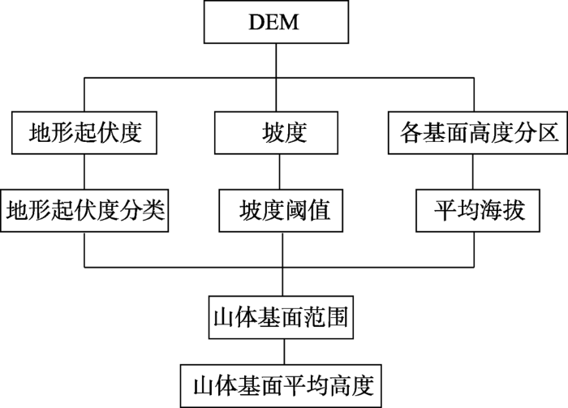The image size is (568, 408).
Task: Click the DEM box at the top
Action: point(276,22)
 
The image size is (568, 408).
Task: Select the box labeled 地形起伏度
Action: point(84,133)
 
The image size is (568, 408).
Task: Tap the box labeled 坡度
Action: point(276,133)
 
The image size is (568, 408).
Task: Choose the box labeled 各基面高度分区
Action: point(478,133)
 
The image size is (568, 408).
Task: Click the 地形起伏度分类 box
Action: point(84,210)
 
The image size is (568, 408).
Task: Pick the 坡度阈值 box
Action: point(281,210)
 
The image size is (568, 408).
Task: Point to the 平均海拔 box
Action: point(478,210)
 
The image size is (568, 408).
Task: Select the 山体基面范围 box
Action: point(281,317)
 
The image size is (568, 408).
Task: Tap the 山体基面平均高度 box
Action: point(281,386)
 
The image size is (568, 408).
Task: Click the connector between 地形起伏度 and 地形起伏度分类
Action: point(84,172)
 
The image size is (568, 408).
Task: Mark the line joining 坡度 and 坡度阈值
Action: point(279,172)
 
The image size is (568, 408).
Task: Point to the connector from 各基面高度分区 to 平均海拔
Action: point(473,172)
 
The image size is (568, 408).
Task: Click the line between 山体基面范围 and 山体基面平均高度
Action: point(284,352)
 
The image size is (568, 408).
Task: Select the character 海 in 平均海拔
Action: point(491,210)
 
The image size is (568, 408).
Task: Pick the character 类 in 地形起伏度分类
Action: point(154,210)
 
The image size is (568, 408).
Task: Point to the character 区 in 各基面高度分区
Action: point(547,133)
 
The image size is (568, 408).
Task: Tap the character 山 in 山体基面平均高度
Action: point(204,386)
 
